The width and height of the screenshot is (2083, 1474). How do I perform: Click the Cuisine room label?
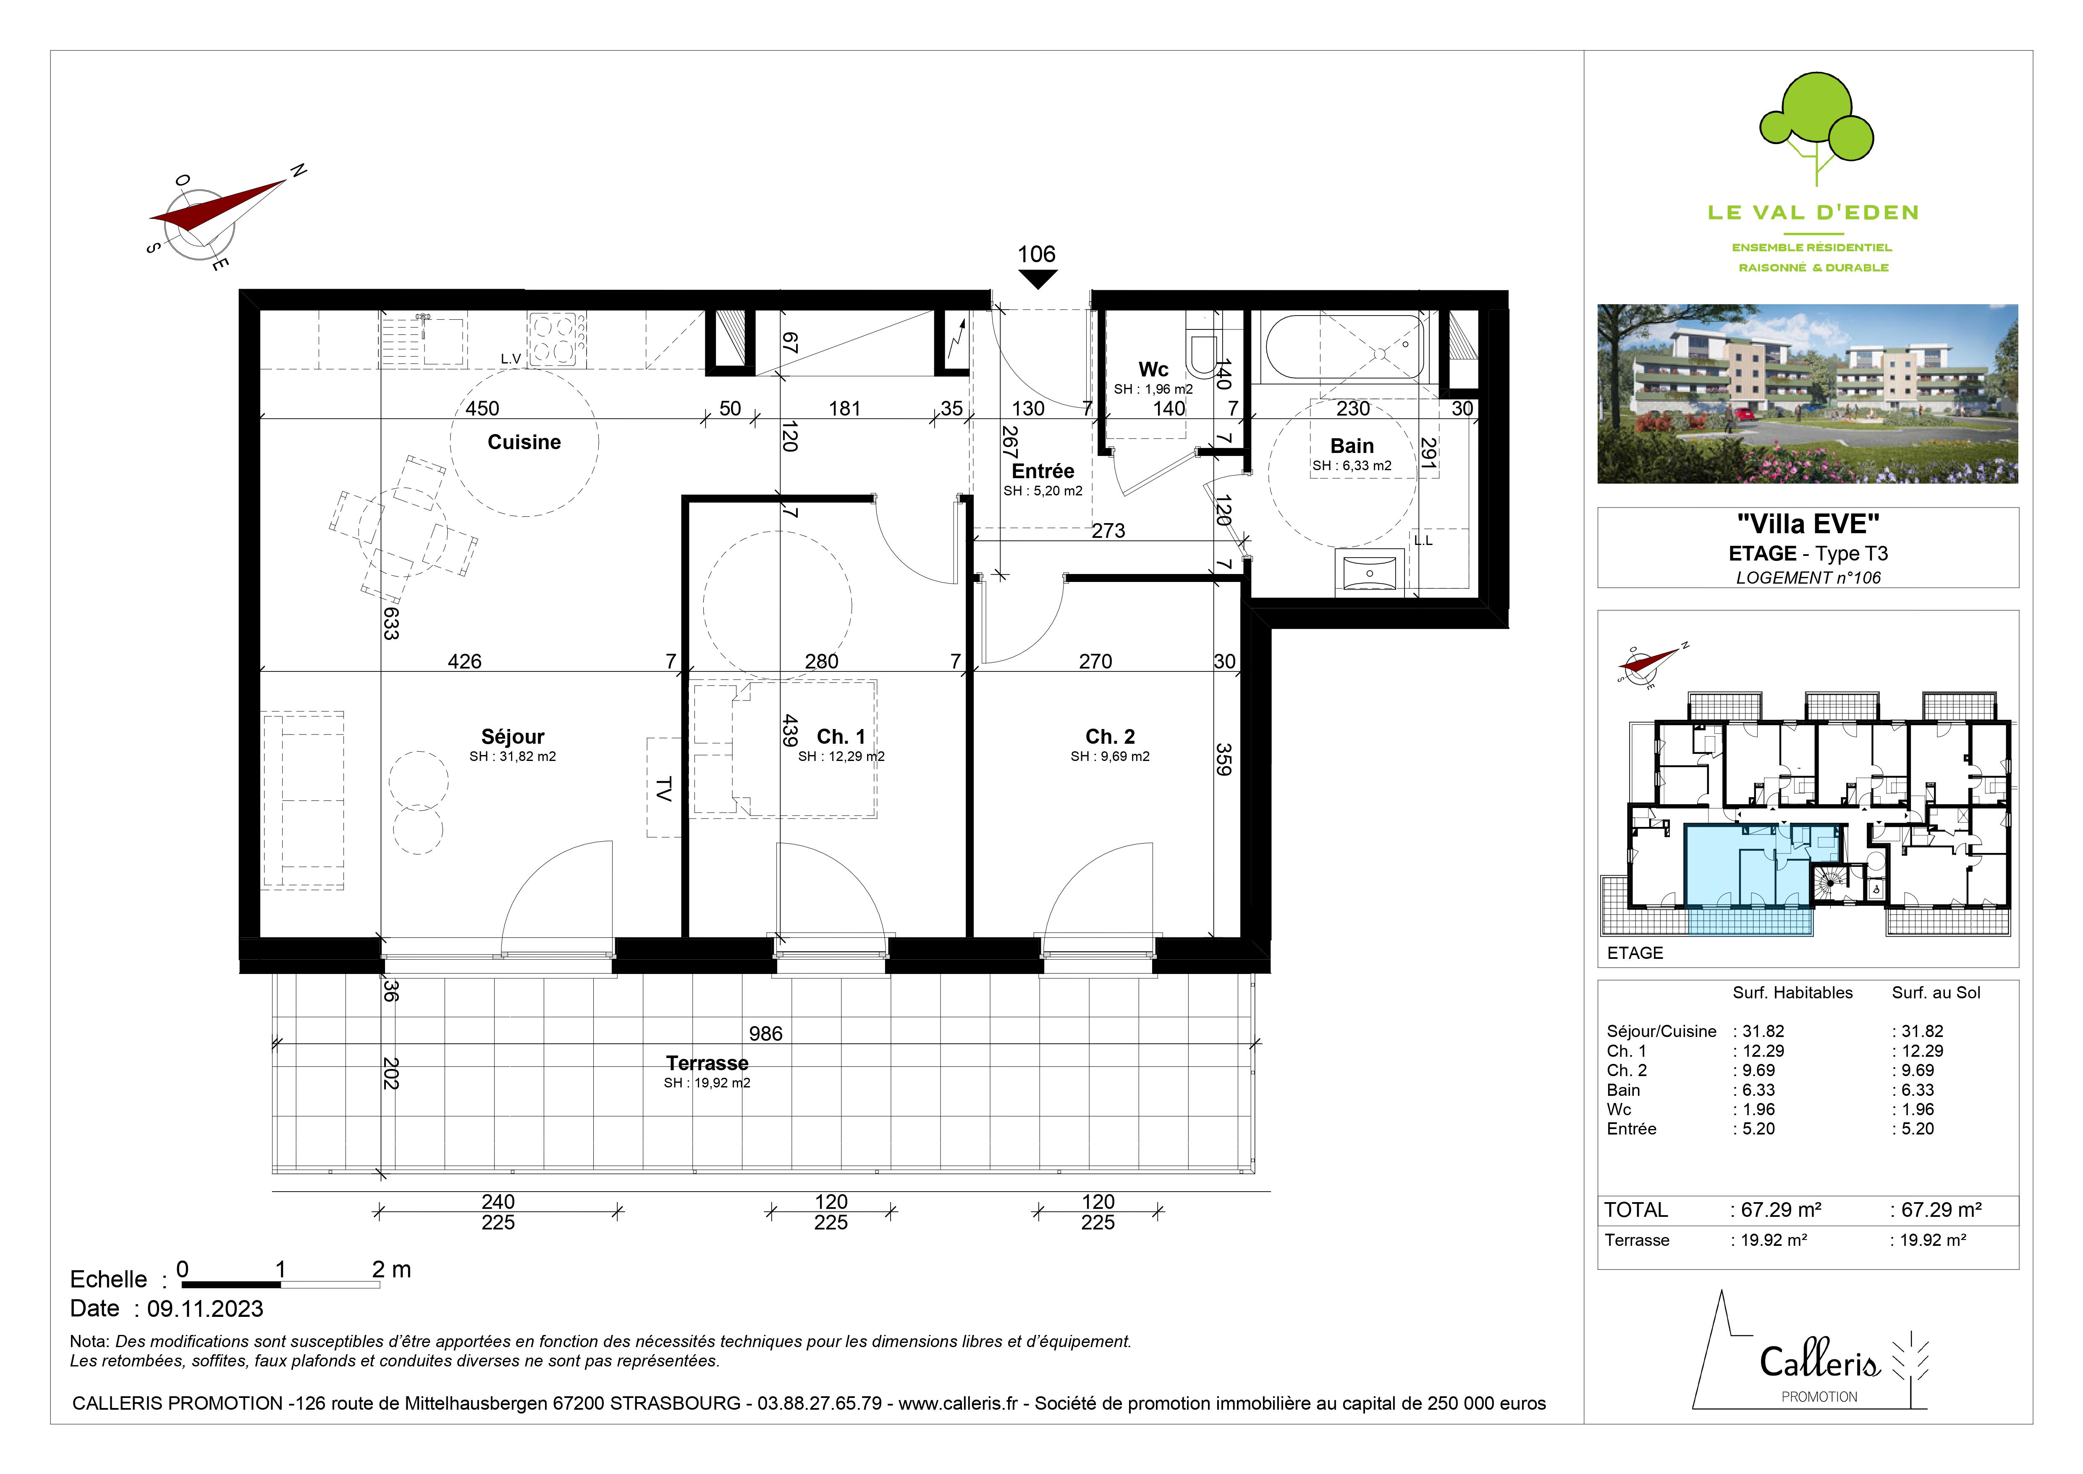coord(524,442)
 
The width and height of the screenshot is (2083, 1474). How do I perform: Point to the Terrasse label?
coord(707,1063)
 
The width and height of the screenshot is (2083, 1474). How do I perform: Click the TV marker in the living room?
coord(663,789)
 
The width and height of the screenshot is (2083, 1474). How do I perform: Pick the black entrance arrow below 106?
coord(1037,280)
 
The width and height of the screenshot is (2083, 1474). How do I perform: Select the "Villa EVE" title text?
coord(1808,524)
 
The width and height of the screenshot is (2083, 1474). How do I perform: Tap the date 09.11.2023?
coord(205,1309)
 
